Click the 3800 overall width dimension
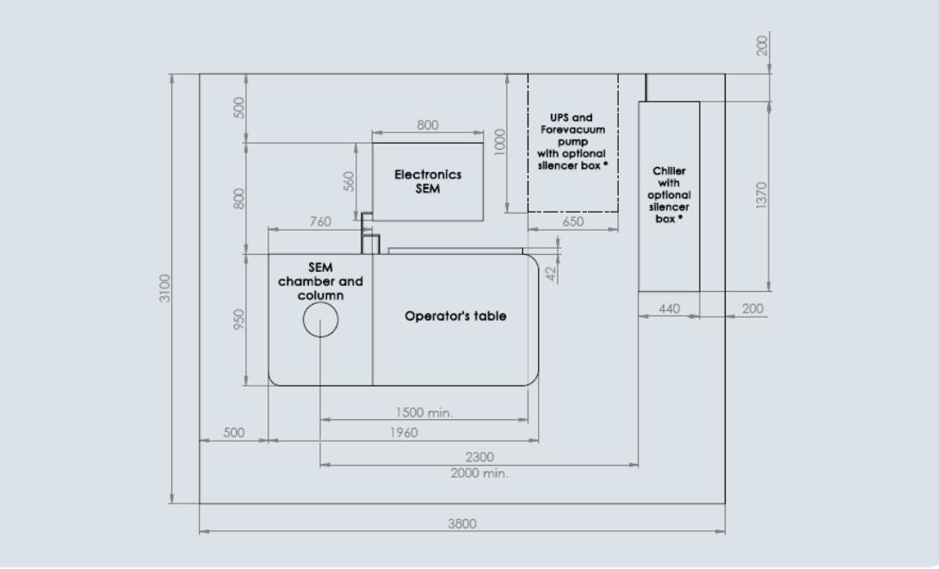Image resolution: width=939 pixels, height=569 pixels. [x=462, y=523]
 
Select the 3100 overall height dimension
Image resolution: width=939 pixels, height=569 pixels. [x=165, y=288]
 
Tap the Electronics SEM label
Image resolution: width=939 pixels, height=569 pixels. [x=428, y=181]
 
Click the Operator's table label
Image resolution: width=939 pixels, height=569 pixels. [x=455, y=316]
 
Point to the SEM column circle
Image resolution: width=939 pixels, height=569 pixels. [x=320, y=320]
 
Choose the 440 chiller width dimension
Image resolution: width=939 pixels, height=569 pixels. [x=669, y=308]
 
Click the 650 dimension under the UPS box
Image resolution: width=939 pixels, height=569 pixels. [x=572, y=221]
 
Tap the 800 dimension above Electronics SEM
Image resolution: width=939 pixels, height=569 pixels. [x=428, y=125]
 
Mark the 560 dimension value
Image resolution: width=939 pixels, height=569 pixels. [x=349, y=181]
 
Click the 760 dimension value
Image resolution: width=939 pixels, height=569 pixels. [x=320, y=222]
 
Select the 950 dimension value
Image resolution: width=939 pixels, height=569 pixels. [x=239, y=319]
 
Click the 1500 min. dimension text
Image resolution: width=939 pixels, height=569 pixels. [x=424, y=412]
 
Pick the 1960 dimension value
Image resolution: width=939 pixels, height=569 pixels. [x=404, y=433]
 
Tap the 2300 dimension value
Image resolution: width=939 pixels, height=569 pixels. [x=479, y=457]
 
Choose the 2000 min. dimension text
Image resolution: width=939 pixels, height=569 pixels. [x=479, y=473]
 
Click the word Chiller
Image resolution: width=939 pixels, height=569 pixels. [x=669, y=170]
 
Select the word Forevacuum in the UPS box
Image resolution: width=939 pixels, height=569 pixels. [x=572, y=129]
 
